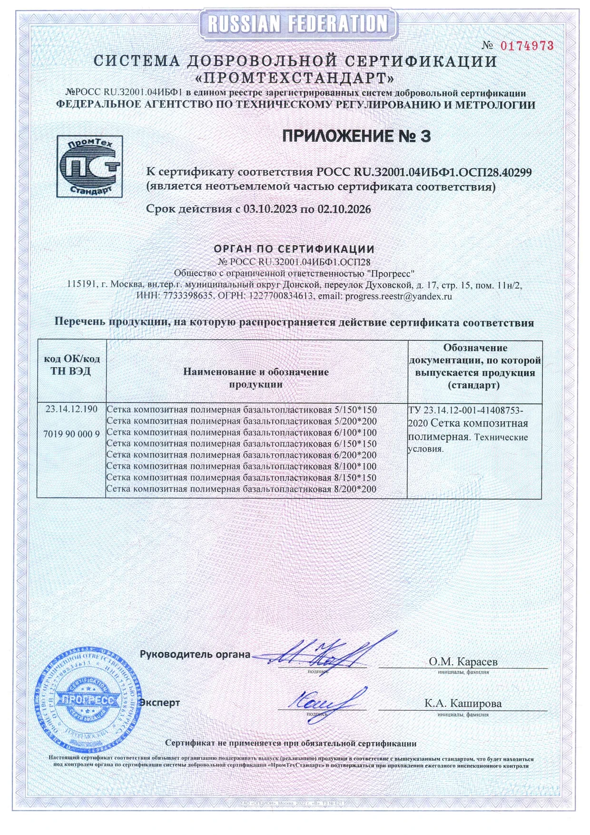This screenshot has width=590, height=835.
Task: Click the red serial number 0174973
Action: click(527, 46)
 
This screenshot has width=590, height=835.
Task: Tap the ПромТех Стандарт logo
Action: click(89, 166)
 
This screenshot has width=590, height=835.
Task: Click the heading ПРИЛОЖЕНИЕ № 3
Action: click(356, 137)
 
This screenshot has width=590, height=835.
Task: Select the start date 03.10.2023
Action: click(270, 209)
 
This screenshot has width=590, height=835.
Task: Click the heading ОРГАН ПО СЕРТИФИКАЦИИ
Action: click(294, 249)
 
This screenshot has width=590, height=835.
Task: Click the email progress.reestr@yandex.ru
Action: click(398, 296)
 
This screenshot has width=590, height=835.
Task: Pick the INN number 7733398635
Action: click(188, 296)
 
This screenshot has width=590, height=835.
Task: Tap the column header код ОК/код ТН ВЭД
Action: click(71, 365)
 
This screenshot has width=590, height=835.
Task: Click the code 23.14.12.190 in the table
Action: click(71, 409)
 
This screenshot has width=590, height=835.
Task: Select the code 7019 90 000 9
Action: click(71, 434)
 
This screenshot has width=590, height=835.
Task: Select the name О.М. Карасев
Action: click(463, 661)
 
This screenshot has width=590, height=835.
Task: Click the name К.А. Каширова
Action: click(463, 704)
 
